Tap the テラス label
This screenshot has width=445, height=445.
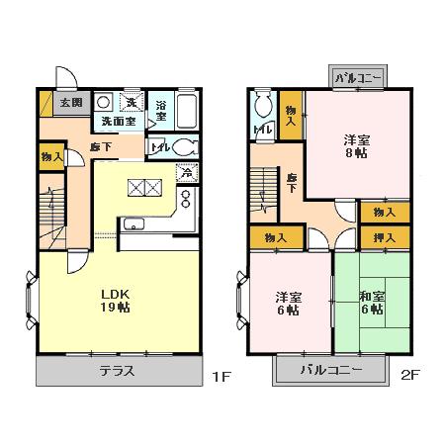(x=117, y=374)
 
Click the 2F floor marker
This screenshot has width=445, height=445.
(x=408, y=376)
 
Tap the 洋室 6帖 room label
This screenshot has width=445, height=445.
(x=288, y=303)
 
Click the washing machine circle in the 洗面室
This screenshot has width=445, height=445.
(x=102, y=102)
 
